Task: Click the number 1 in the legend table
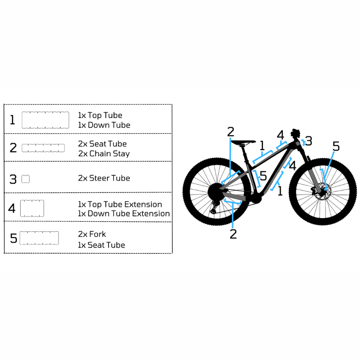click(x=12, y=120)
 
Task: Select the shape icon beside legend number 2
click(x=43, y=148)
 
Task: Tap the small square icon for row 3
click(x=26, y=179)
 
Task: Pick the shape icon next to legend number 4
click(x=32, y=208)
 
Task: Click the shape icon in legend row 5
click(x=39, y=238)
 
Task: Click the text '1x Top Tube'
click(x=100, y=116)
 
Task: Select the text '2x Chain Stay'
click(x=104, y=154)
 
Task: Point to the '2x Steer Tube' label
click(x=104, y=178)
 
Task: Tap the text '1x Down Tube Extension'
click(x=123, y=214)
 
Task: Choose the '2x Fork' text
click(x=92, y=234)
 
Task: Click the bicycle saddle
click(x=243, y=142)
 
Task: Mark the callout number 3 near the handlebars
click(x=309, y=141)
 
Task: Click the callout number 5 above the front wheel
click(x=336, y=146)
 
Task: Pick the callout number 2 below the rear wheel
click(x=233, y=234)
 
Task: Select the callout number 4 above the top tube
click(x=281, y=135)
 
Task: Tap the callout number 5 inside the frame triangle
click(x=263, y=176)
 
